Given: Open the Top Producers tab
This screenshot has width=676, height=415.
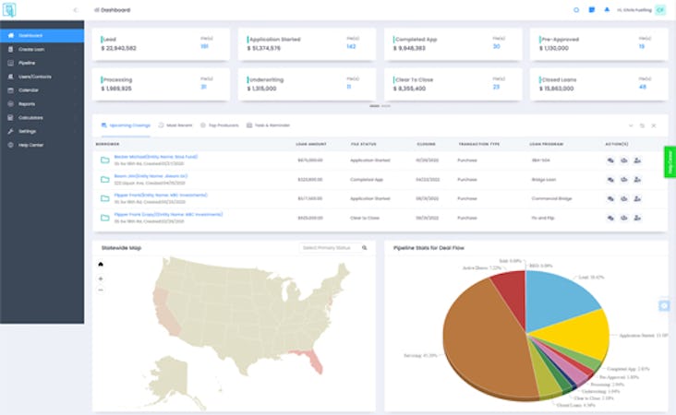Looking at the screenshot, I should (x=223, y=125).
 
